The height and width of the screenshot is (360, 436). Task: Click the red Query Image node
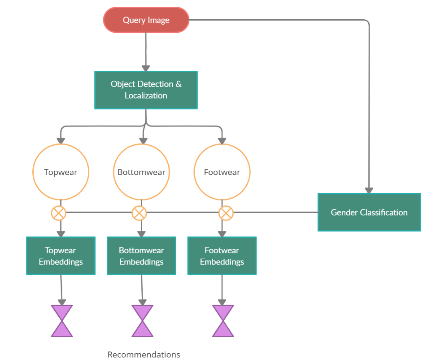[x=146, y=20]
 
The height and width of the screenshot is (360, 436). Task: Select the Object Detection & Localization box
[x=146, y=90]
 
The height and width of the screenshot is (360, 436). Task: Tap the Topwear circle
[x=61, y=172]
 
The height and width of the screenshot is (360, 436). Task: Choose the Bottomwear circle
[x=141, y=172]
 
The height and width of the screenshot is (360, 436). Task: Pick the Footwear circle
[x=222, y=172]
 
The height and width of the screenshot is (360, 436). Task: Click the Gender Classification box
[x=369, y=213]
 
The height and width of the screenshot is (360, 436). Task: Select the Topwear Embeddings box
[x=61, y=256]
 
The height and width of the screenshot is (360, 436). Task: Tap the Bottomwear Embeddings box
[x=141, y=256]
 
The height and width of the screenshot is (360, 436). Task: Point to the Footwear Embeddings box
[x=222, y=256]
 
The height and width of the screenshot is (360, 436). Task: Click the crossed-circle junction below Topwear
[x=58, y=213]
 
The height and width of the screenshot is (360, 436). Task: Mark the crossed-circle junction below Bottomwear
[x=139, y=213]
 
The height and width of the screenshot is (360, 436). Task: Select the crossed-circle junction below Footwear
[x=226, y=213]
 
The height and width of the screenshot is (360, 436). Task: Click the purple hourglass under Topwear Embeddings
[x=61, y=321]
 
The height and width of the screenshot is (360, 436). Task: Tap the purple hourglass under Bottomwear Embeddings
[x=142, y=321]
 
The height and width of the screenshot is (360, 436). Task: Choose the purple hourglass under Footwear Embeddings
[x=223, y=321]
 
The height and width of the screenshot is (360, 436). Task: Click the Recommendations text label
[x=144, y=355]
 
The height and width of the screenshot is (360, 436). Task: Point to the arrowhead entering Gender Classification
[x=369, y=190]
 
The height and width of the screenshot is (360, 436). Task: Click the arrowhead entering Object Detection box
[x=146, y=68]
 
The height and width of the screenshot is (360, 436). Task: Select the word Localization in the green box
[x=146, y=95]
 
